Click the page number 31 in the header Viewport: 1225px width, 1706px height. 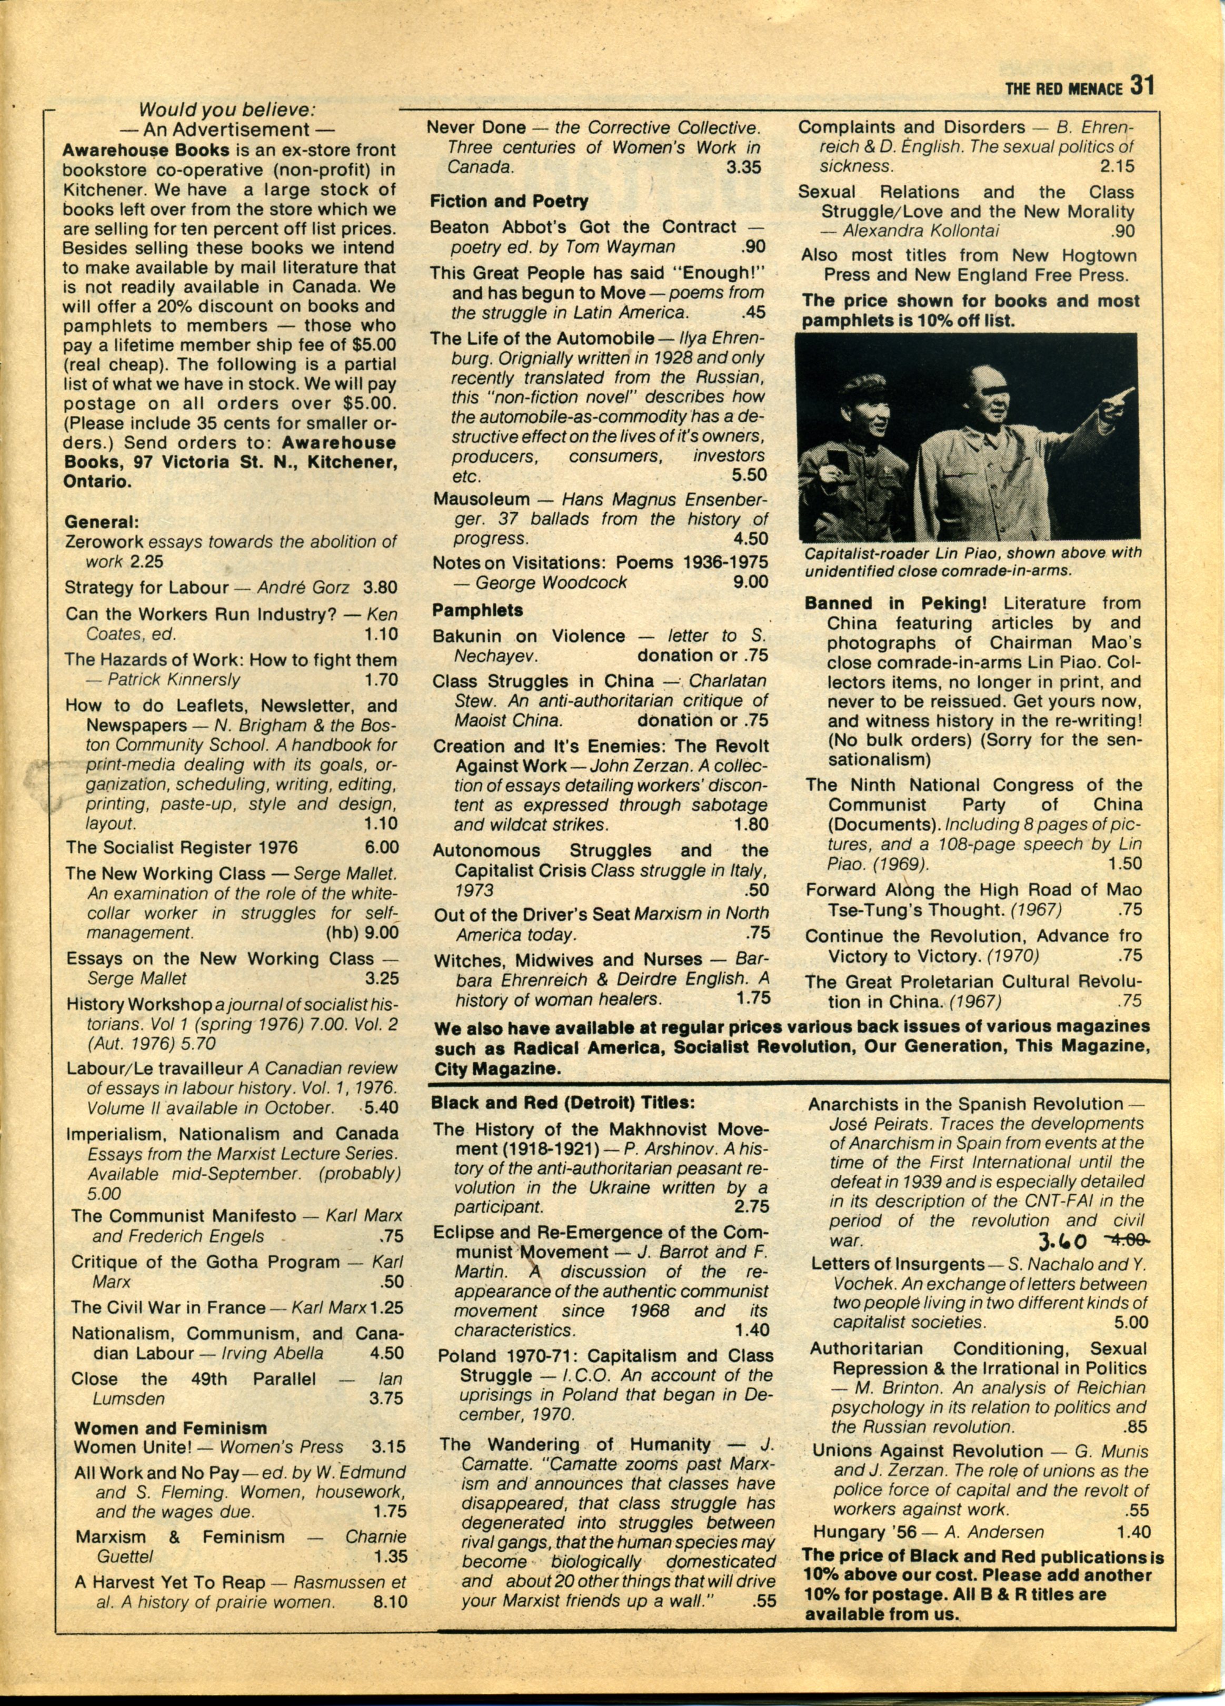click(x=1141, y=86)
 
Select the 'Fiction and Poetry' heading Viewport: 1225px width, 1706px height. click(x=509, y=202)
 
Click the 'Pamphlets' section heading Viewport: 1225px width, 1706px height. click(x=477, y=611)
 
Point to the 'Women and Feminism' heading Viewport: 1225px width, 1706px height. click(x=171, y=1427)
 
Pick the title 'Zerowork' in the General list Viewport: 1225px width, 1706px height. click(x=104, y=542)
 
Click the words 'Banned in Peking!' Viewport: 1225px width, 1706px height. click(x=859, y=604)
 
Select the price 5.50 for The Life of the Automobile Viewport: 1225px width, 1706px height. click(x=749, y=475)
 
